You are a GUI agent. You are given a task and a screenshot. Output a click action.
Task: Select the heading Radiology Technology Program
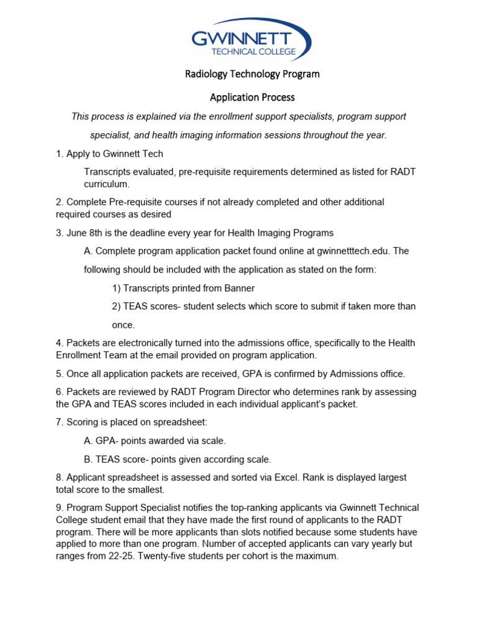(252, 74)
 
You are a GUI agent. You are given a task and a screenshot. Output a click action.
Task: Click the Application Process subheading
(252, 97)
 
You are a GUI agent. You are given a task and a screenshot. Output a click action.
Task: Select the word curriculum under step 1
(106, 184)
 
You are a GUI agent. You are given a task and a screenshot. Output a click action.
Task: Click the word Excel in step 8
(294, 477)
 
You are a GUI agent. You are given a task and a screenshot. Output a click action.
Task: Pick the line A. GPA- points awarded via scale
(155, 440)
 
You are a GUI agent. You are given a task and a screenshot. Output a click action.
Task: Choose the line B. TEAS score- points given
(177, 459)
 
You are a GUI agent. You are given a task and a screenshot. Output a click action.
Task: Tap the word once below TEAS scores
(123, 325)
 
